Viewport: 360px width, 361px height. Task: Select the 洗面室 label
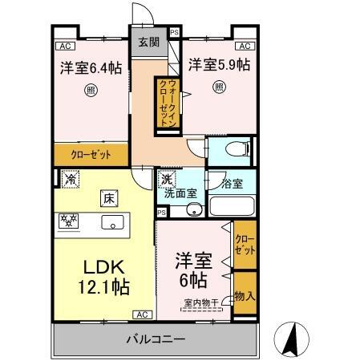(180, 193)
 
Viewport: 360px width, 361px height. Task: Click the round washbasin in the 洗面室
(192, 211)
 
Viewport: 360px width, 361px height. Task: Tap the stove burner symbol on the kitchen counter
(69, 220)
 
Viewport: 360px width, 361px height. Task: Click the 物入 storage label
(245, 296)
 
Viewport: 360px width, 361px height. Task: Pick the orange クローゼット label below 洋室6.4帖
(90, 155)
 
